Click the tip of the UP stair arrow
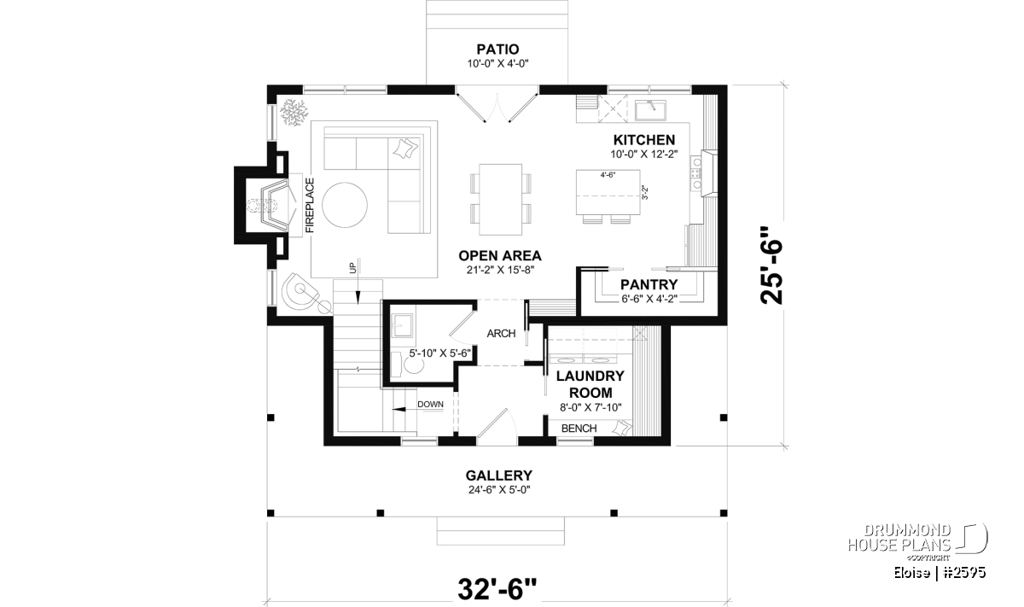358,304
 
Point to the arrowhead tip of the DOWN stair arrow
393,410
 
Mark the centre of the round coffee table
344,206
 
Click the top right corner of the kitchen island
640,170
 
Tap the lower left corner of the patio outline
427,85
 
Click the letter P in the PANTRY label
625,285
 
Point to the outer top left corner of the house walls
267,85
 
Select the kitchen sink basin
650,111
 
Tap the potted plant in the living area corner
294,112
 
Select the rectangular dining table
501,200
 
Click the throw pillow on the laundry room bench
622,429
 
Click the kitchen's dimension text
644,155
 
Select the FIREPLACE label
310,206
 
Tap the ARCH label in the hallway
501,334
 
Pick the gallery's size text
499,490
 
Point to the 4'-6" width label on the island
608,175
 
